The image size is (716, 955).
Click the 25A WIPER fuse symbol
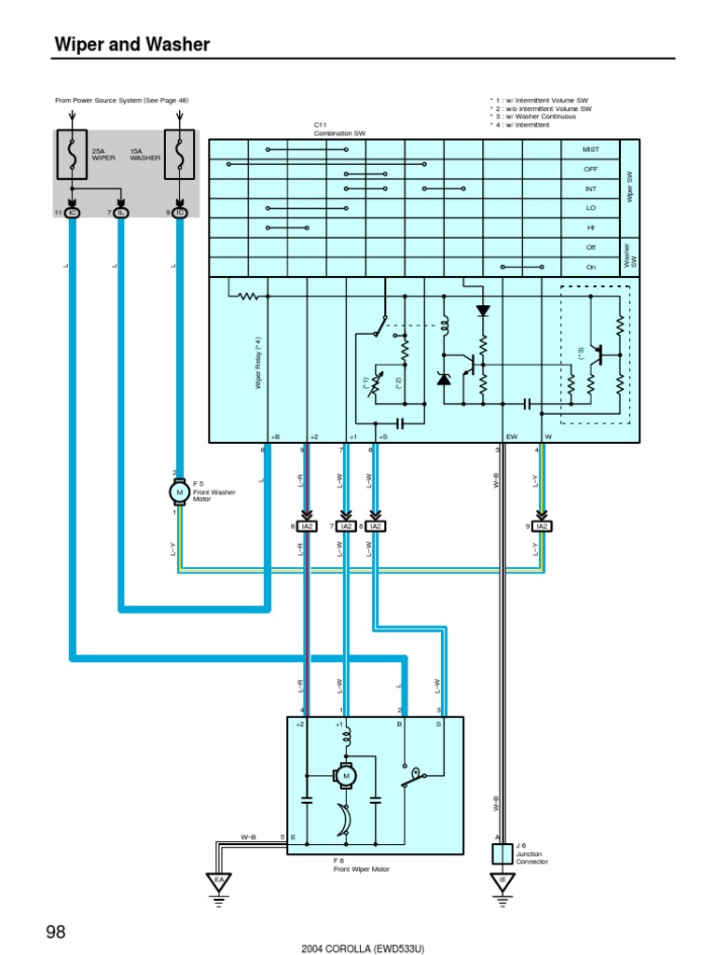click(x=72, y=154)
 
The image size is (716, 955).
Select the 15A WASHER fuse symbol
click(x=179, y=154)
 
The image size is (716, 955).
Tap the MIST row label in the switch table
click(x=590, y=149)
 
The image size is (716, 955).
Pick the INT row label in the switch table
click(x=590, y=188)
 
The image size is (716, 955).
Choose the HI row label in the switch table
click(x=590, y=228)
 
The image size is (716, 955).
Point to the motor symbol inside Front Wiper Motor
click(x=346, y=775)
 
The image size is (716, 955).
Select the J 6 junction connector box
click(x=503, y=853)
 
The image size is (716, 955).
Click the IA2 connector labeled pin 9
click(x=541, y=526)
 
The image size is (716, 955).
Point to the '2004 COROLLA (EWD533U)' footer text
click(x=363, y=948)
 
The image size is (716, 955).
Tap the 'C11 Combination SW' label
click(x=339, y=130)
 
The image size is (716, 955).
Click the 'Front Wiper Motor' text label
click(x=362, y=868)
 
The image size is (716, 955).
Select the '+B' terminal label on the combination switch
click(x=274, y=436)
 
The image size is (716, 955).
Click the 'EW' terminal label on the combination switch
click(x=511, y=436)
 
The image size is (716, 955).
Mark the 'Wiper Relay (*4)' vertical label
click(x=258, y=364)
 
